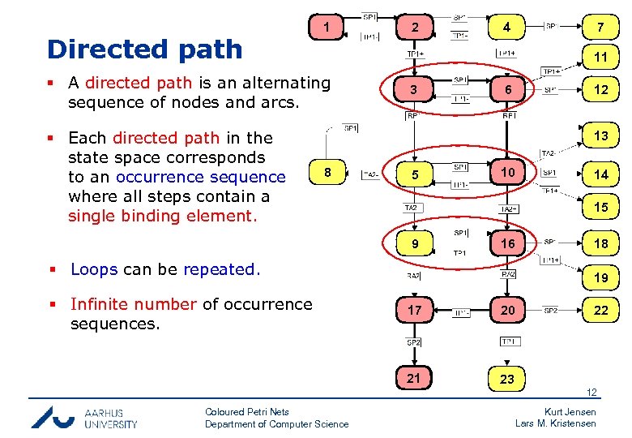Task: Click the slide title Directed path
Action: coord(144,49)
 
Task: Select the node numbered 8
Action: coord(327,173)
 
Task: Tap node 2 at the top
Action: coord(415,28)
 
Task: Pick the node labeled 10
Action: coord(507,173)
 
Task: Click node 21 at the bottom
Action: coord(414,378)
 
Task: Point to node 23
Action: coord(507,379)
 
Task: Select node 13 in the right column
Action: coord(600,135)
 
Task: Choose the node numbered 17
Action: coord(415,310)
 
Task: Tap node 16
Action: coord(507,243)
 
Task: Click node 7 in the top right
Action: coord(600,28)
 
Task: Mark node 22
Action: coord(600,310)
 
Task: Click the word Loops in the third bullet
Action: coord(94,269)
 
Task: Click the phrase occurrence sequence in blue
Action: coord(200,177)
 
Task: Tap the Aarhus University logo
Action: coord(84,417)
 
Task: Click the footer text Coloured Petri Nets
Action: coord(246,412)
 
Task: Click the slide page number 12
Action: coord(592,393)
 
